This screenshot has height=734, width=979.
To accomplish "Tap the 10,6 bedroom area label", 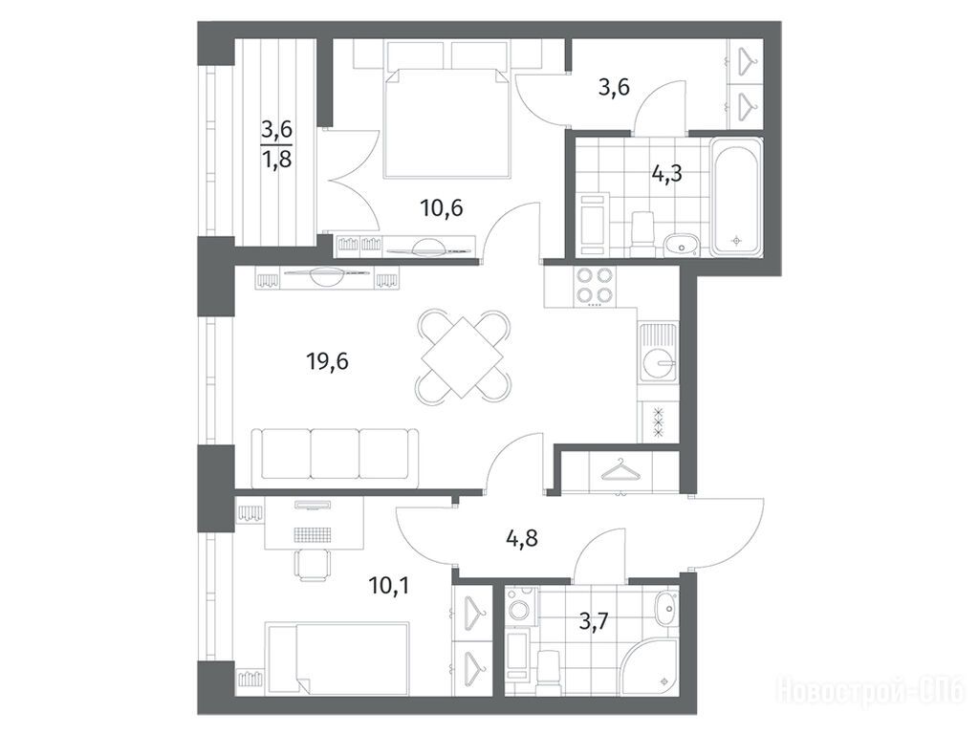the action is [442, 207].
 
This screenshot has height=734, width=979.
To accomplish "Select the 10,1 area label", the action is [388, 586].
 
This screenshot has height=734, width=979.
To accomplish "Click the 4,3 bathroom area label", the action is [666, 174].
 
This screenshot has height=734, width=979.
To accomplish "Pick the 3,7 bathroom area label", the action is [593, 621].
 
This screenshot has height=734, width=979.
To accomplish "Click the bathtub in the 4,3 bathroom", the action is [737, 197].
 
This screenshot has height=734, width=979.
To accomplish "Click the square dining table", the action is [462, 357].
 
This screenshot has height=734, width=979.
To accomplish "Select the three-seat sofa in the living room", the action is [335, 458].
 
